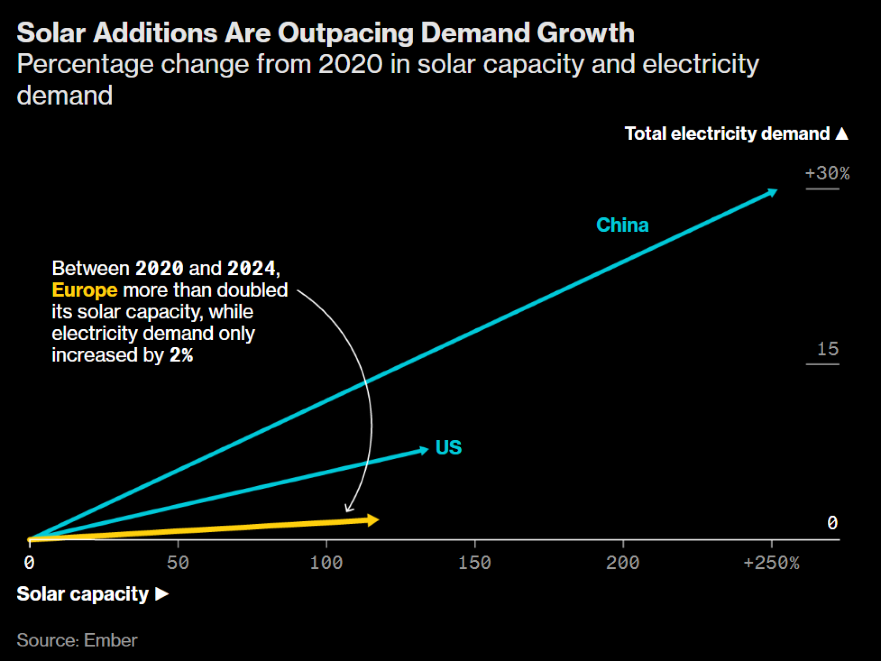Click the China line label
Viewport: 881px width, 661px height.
pyautogui.click(x=622, y=225)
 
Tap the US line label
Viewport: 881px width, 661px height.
pyautogui.click(x=448, y=448)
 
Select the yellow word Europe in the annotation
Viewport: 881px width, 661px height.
pyautogui.click(x=85, y=290)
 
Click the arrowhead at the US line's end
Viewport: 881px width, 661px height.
pyautogui.click(x=424, y=450)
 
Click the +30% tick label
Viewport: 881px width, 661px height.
pyautogui.click(x=827, y=173)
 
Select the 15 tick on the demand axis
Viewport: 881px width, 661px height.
pyautogui.click(x=828, y=349)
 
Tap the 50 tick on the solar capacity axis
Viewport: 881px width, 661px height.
pyautogui.click(x=178, y=563)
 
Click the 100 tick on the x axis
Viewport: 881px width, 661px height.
pyautogui.click(x=326, y=563)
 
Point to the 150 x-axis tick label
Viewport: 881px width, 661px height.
pyautogui.click(x=474, y=563)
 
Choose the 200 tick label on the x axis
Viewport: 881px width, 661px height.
pyautogui.click(x=622, y=563)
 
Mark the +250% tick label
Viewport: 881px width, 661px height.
pyautogui.click(x=771, y=563)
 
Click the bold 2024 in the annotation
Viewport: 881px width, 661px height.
pyautogui.click(x=252, y=268)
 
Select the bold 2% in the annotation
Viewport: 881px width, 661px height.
pyautogui.click(x=181, y=355)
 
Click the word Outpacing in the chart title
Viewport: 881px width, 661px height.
pyautogui.click(x=345, y=33)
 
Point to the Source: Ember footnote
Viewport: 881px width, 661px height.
pyautogui.click(x=77, y=640)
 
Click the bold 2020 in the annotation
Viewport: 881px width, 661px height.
pyautogui.click(x=159, y=268)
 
